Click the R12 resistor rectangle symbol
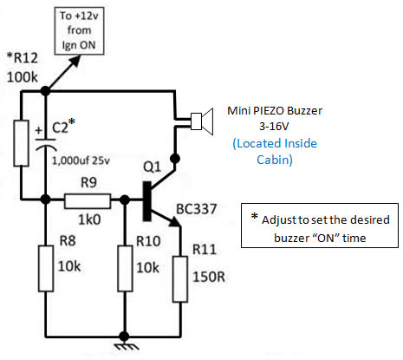pos(22,143)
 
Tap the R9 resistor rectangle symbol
pos(88,201)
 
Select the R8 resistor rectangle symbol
pos(46,268)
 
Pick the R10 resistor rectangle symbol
pos(125,268)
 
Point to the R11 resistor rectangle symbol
pos(180,279)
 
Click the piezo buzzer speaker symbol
pos(202,121)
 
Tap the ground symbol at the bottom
pos(125,346)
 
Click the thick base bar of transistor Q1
pos(147,201)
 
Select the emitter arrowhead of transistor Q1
pos(175,221)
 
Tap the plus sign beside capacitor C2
pos(39,131)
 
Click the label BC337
pos(197,209)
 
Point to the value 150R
pos(209,277)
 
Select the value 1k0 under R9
pos(89,220)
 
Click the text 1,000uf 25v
pos(81,160)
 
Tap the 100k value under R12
pos(23,77)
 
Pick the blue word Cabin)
pos(275,160)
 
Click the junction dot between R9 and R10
pos(125,200)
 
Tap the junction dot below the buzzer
pos(175,159)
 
